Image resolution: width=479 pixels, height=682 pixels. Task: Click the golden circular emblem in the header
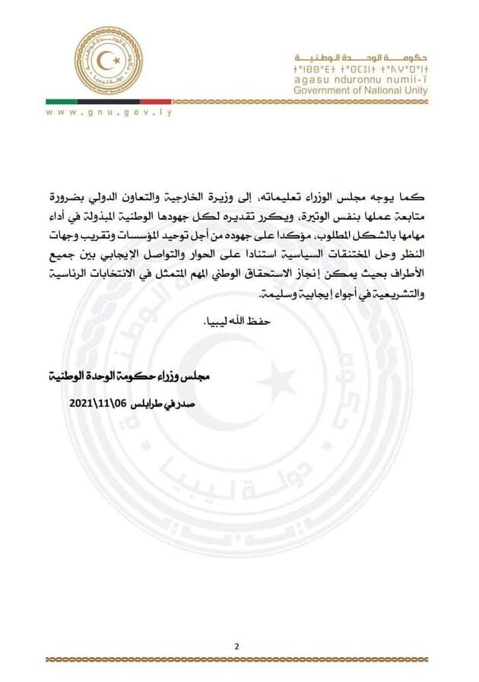coord(107,61)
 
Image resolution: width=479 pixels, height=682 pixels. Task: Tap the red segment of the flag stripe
coord(155,101)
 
